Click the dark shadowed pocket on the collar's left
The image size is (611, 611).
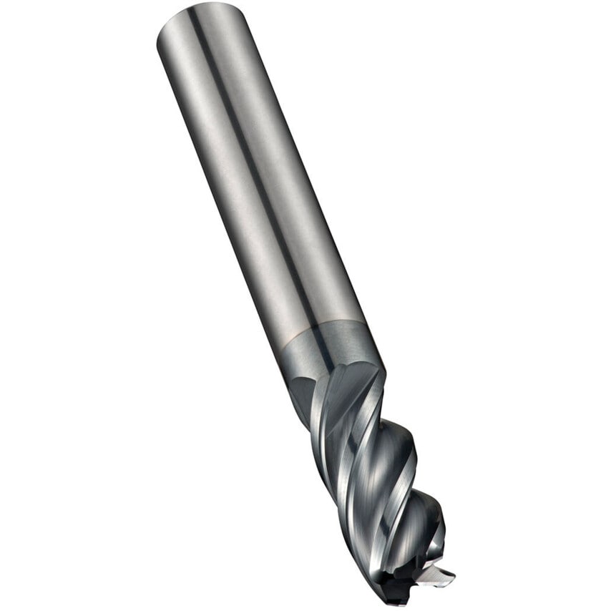300,390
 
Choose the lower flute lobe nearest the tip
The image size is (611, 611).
426,522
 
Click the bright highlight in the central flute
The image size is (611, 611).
372,465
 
